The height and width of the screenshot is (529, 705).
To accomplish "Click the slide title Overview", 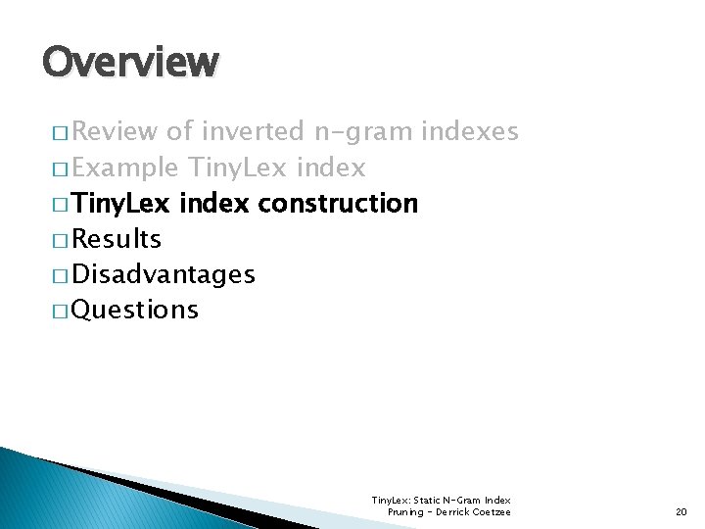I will point(130,62).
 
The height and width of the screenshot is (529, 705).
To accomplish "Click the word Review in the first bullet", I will point(117,131).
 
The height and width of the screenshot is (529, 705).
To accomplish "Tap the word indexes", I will point(471,131).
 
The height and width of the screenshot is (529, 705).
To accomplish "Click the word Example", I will point(124,168).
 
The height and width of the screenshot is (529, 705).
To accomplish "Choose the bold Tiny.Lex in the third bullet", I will point(121,204).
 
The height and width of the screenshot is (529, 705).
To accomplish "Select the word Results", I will point(117,239).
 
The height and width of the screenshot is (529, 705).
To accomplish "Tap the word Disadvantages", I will point(164,274).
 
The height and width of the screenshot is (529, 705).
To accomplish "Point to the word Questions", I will point(135,310).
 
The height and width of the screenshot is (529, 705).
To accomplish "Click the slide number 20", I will point(681,511).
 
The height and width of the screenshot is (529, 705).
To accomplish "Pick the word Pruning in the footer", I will point(404,511).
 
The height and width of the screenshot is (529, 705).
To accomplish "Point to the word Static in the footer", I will point(432,501).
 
